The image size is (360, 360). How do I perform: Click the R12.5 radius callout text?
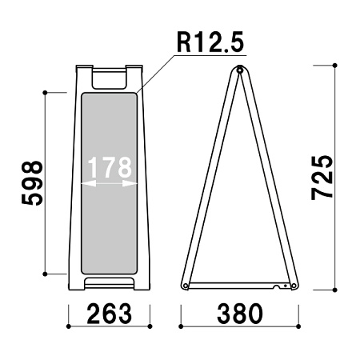pos(210,42)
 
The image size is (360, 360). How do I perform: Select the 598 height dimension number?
pos(32,183)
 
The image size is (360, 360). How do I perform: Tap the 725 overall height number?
pos(322,178)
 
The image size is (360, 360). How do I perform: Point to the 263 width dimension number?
pos(110,314)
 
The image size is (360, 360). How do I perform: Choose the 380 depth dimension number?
pos(240,314)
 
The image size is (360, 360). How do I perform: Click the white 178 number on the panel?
pos(110,167)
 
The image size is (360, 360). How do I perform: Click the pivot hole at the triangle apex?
pos(240,70)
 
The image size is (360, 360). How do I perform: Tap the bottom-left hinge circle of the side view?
pos(186,286)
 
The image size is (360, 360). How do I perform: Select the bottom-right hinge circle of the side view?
pos(294,286)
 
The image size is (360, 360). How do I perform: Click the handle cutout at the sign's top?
pos(109,79)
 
